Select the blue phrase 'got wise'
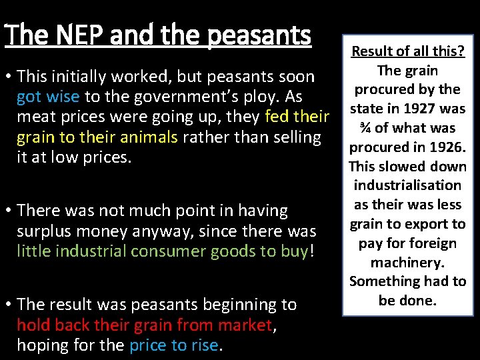48,97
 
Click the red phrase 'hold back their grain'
96,325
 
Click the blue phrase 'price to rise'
173,345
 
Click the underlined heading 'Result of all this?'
407,51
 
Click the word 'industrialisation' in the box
407,185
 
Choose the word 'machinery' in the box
407,263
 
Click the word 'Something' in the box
383,281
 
